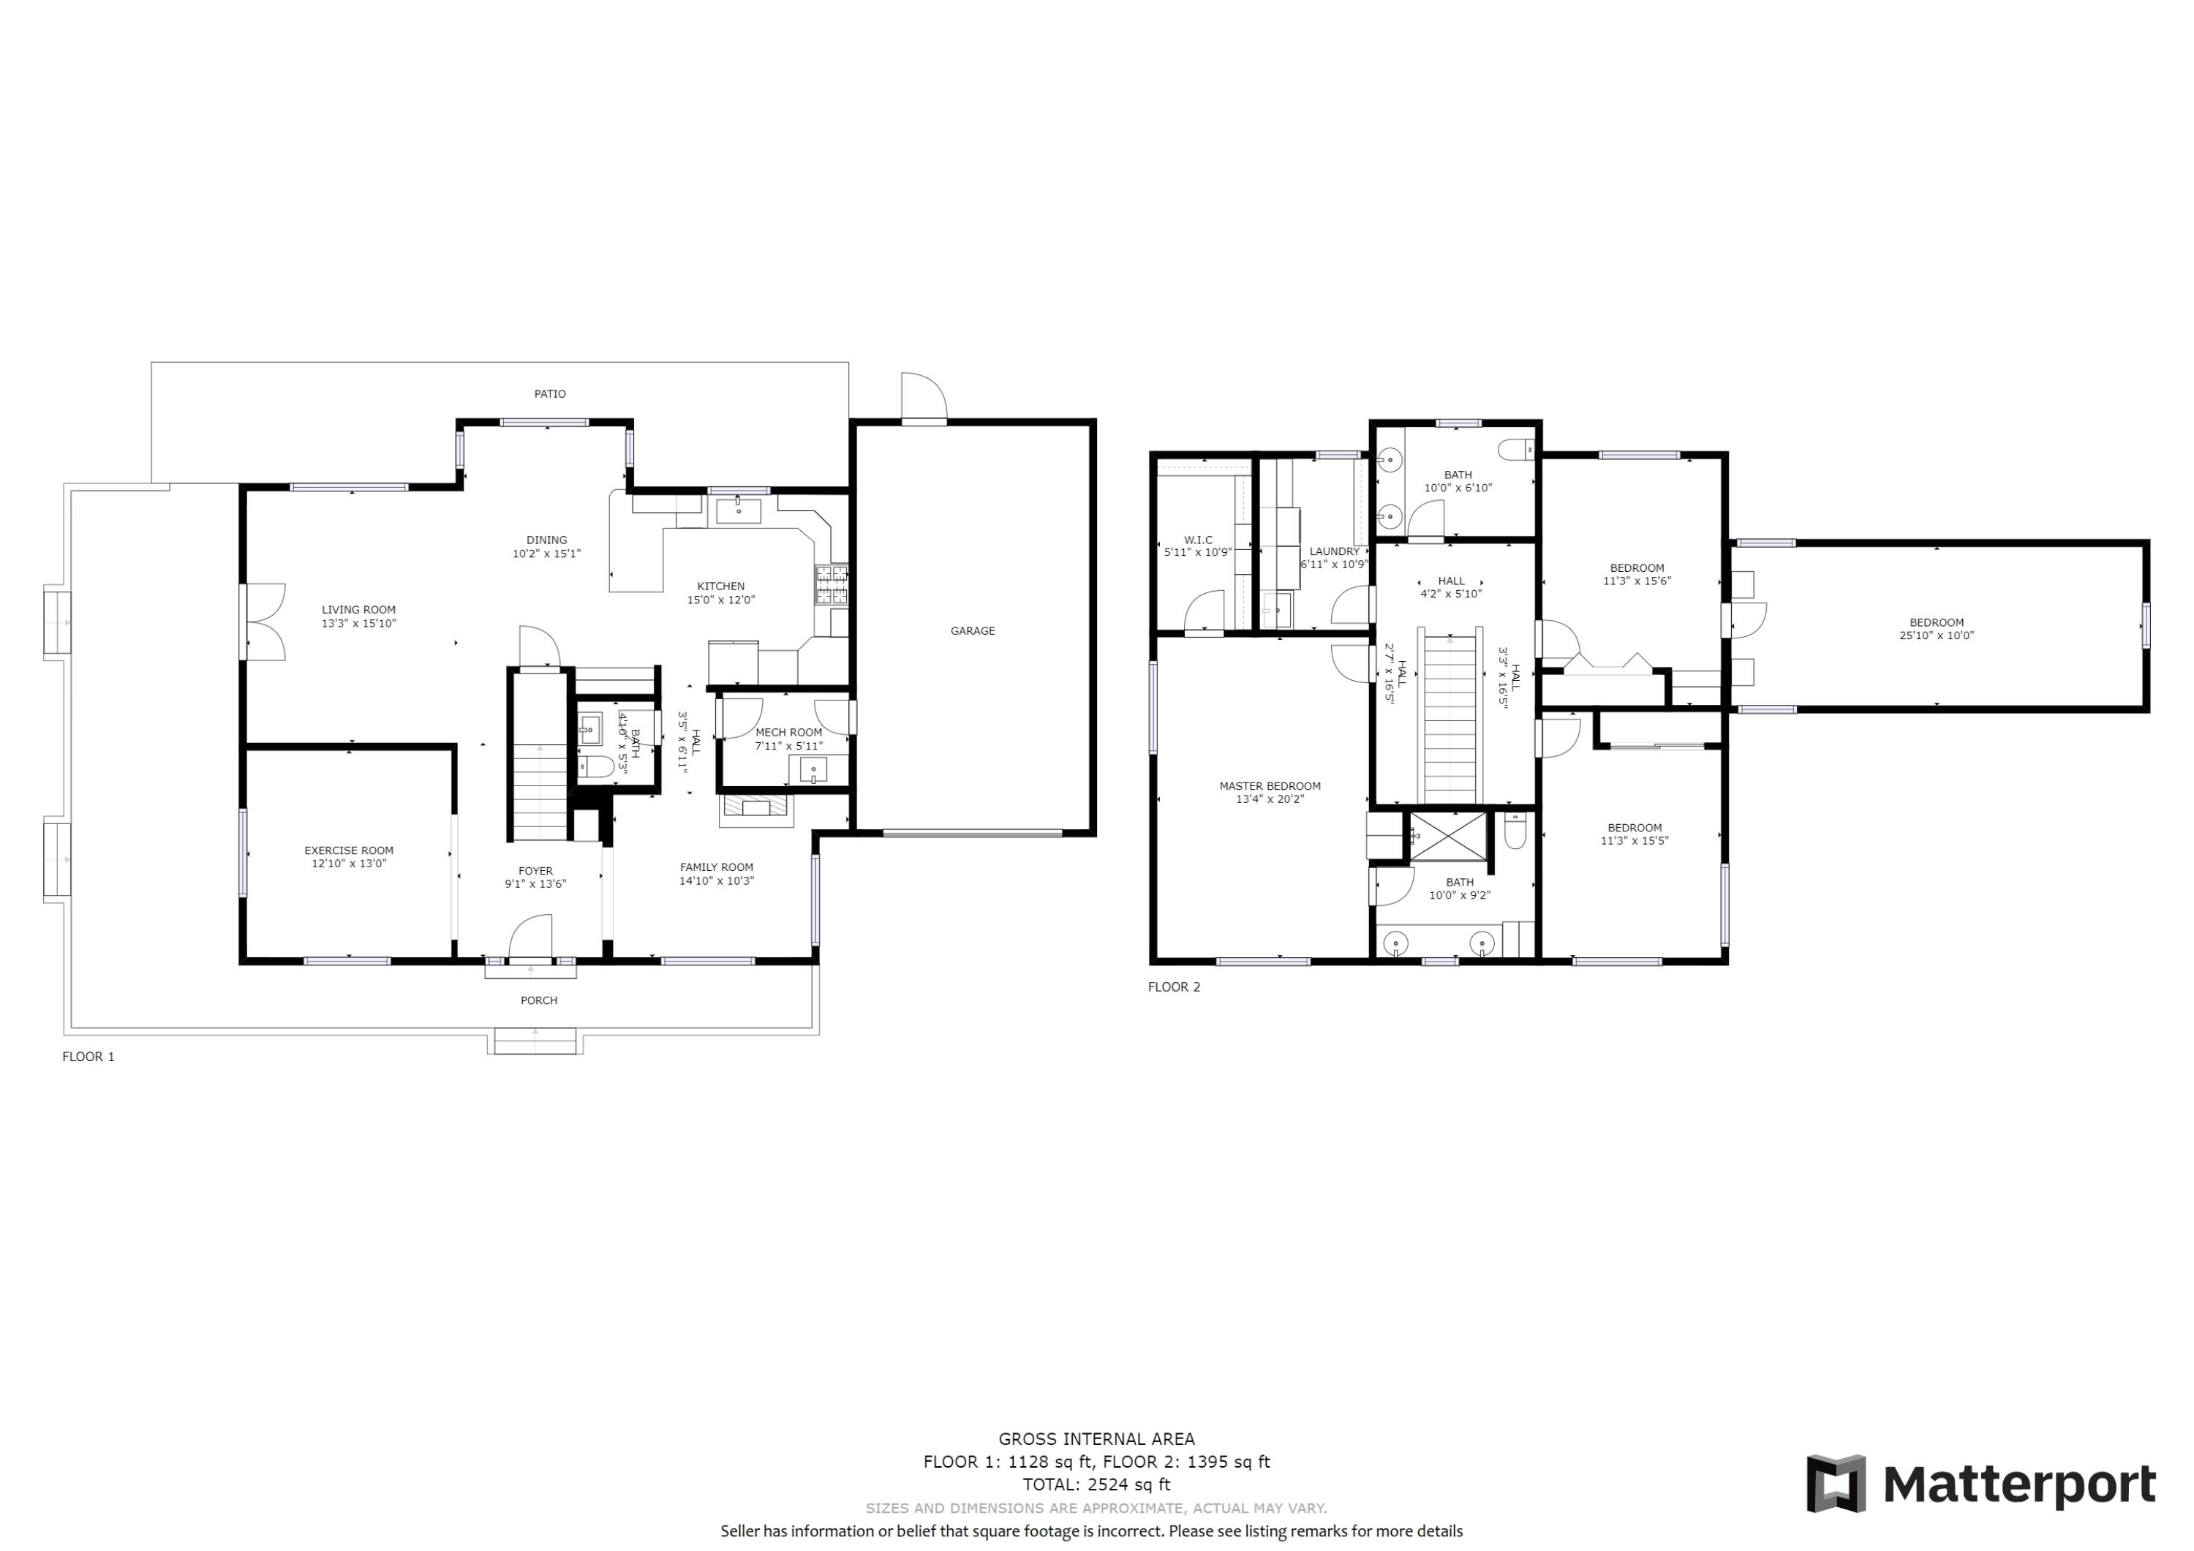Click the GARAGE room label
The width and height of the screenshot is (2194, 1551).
pyautogui.click(x=972, y=631)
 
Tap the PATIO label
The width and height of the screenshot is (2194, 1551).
pyautogui.click(x=549, y=393)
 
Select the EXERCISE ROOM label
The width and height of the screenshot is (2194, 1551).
pyautogui.click(x=349, y=850)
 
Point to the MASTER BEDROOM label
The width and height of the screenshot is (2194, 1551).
pyautogui.click(x=1269, y=787)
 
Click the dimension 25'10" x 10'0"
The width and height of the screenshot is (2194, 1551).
pyautogui.click(x=1936, y=635)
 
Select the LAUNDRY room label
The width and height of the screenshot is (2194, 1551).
pyautogui.click(x=1334, y=551)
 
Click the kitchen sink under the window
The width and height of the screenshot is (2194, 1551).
pyautogui.click(x=739, y=510)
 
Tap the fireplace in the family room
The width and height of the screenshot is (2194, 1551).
pyautogui.click(x=756, y=810)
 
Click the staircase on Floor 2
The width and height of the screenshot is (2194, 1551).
pyautogui.click(x=1450, y=717)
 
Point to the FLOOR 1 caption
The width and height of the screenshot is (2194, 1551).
pyautogui.click(x=88, y=1056)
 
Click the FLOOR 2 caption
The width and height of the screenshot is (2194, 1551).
pyautogui.click(x=1174, y=987)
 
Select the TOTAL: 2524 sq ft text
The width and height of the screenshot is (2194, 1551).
pyautogui.click(x=1096, y=1484)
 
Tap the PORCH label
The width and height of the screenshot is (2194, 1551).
pyautogui.click(x=539, y=1000)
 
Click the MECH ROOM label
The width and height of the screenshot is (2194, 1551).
pyautogui.click(x=788, y=733)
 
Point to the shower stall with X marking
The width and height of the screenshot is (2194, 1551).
pyautogui.click(x=1449, y=836)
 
